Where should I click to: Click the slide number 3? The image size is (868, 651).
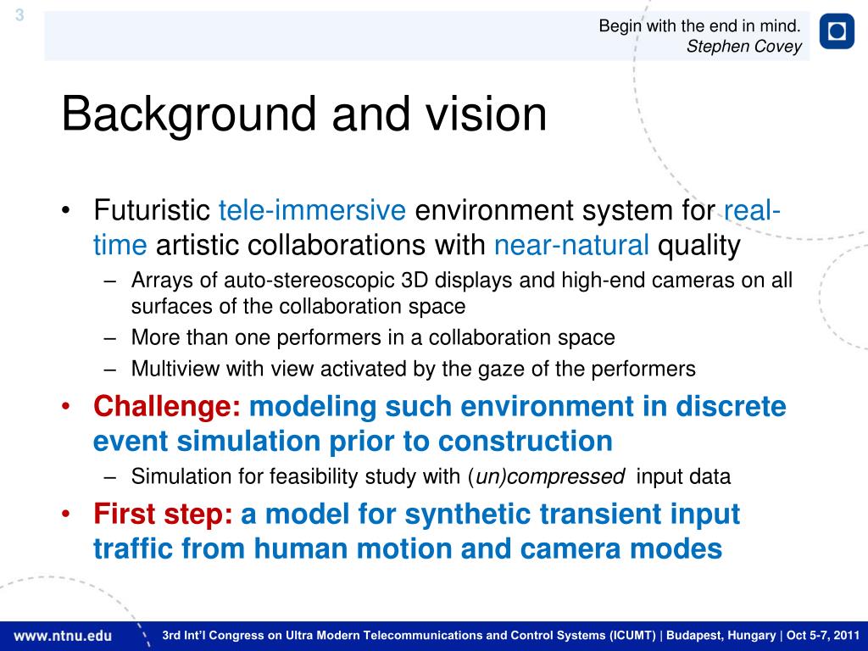click(19, 15)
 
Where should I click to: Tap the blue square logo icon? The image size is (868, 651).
click(837, 31)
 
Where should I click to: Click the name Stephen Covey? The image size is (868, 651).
click(744, 47)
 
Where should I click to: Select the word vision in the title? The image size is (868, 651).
click(486, 114)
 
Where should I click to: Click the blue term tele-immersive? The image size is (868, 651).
click(312, 210)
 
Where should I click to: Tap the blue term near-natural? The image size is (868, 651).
click(571, 245)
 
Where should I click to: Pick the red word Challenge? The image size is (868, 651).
click(167, 407)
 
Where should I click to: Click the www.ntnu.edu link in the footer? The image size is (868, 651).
click(63, 636)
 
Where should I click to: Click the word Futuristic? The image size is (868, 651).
click(152, 210)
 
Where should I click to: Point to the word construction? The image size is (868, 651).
click(525, 442)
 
